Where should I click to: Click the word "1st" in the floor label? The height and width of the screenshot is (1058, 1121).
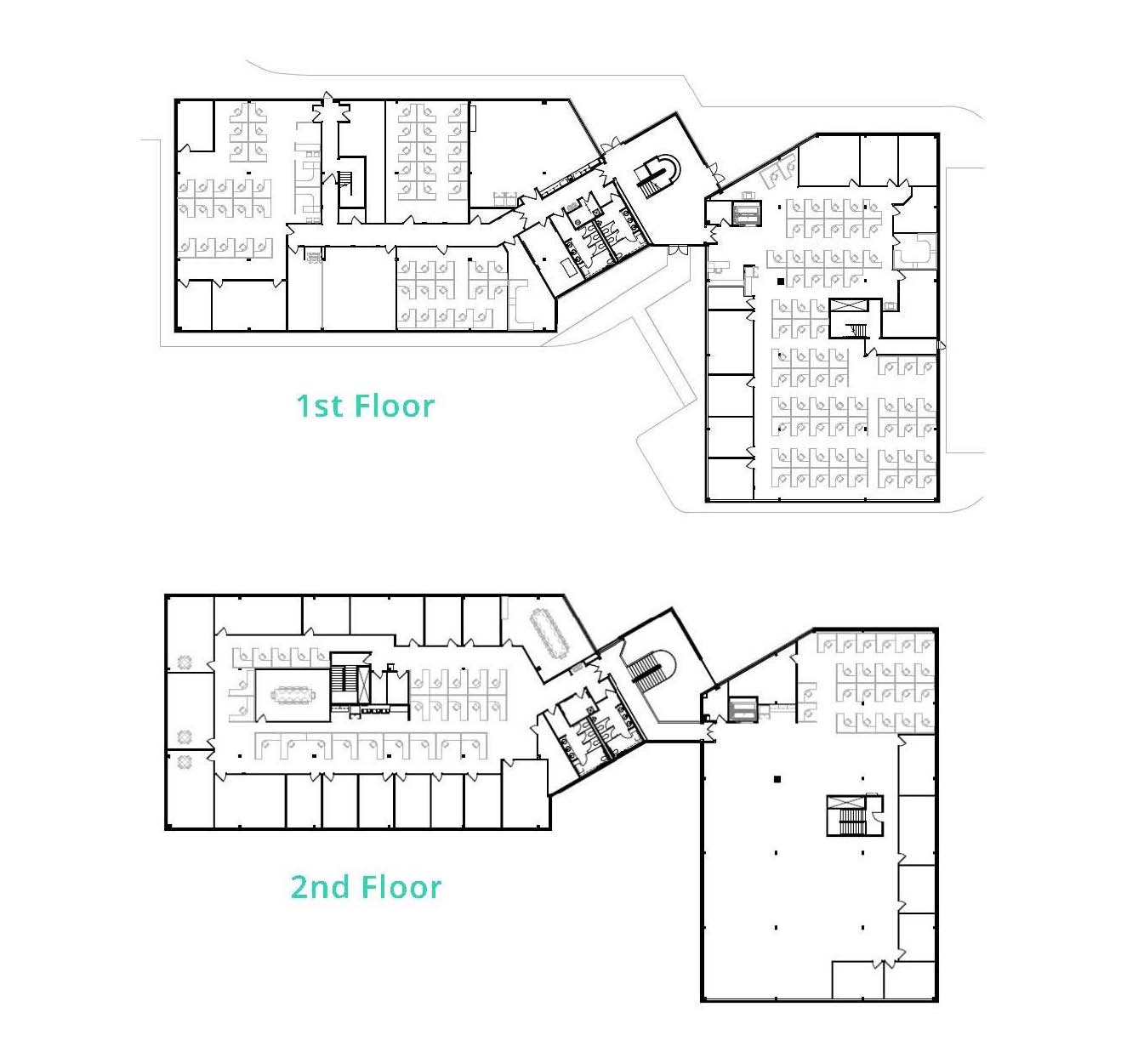click(319, 406)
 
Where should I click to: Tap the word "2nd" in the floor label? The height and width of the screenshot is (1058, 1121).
click(320, 887)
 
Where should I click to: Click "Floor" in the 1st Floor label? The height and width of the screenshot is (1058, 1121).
click(395, 406)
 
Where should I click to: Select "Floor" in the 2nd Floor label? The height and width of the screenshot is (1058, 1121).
click(401, 887)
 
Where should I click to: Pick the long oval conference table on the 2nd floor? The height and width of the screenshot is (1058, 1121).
click(551, 634)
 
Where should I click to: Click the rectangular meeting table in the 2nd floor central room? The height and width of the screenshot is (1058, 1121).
click(292, 696)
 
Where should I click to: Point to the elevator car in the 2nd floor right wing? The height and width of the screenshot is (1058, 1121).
click(743, 709)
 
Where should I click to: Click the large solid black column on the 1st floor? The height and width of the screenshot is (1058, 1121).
click(781, 281)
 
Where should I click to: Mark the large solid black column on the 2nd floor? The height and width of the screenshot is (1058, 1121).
click(777, 780)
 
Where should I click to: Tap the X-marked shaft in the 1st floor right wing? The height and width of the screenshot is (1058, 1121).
click(846, 305)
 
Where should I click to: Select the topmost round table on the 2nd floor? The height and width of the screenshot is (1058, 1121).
click(185, 662)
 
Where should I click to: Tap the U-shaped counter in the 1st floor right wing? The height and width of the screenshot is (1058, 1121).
click(914, 251)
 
